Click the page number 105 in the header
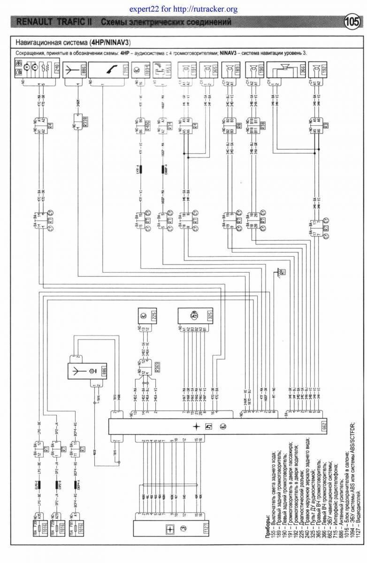352,22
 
